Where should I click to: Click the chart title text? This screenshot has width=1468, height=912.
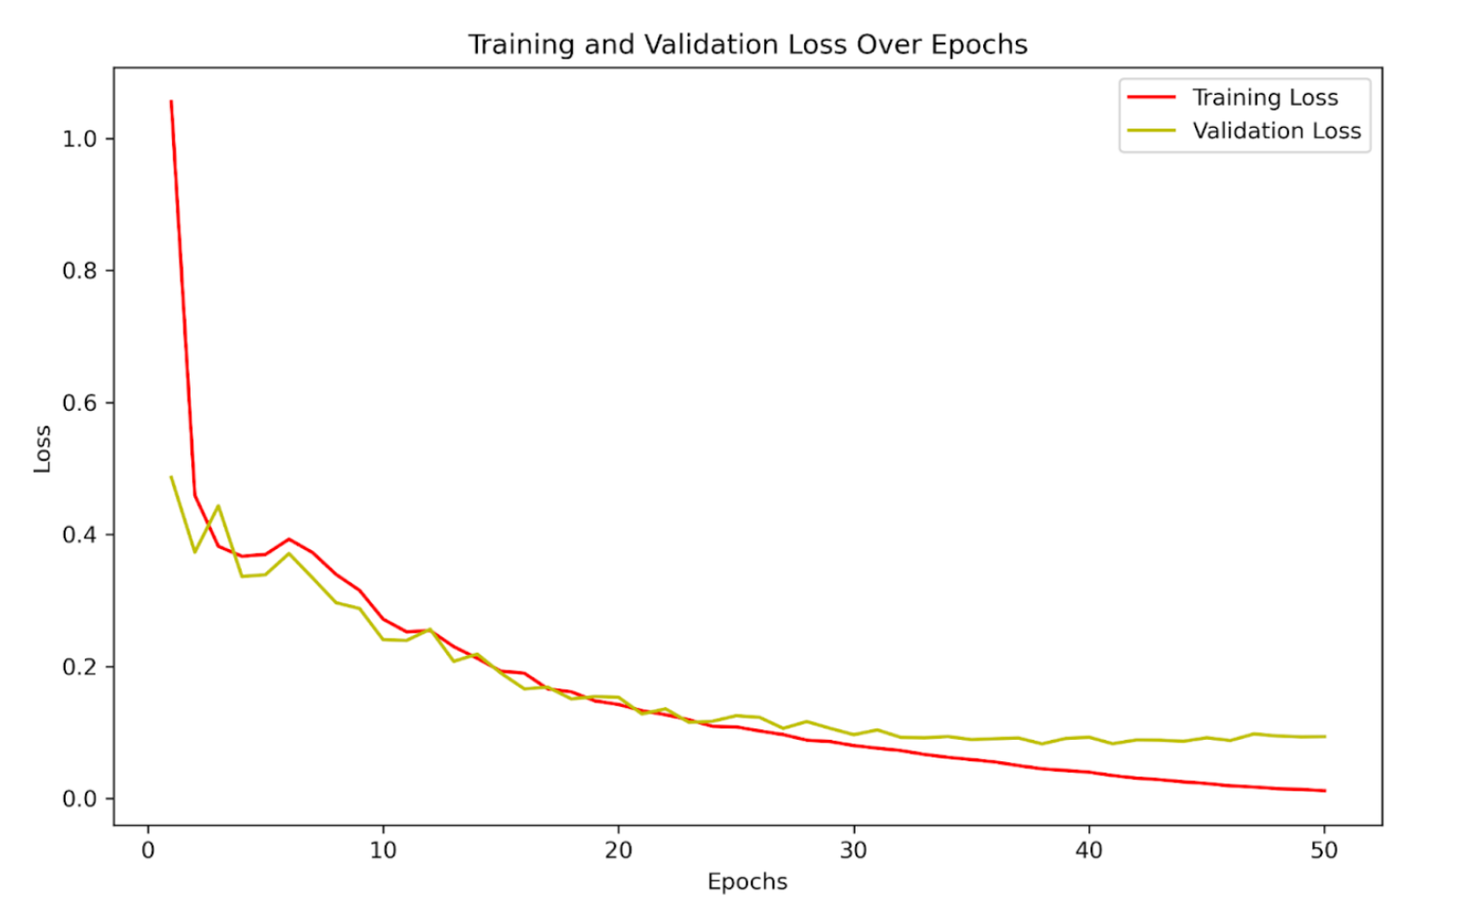[x=747, y=44]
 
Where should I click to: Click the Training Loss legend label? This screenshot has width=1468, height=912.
[x=1264, y=98]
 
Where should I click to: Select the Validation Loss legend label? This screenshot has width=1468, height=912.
[x=1276, y=131]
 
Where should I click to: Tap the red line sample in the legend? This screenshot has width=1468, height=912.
[x=1152, y=98]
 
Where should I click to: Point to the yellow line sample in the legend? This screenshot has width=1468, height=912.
[x=1152, y=131]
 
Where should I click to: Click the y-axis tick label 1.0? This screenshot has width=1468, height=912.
[x=79, y=139]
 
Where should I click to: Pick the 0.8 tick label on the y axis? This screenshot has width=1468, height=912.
[x=79, y=271]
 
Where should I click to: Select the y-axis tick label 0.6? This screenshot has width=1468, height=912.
[x=79, y=404]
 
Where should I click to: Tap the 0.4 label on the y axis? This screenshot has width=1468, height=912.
[x=79, y=535]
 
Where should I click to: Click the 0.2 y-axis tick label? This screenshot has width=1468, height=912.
[x=79, y=667]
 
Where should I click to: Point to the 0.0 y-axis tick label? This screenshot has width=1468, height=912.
[x=79, y=799]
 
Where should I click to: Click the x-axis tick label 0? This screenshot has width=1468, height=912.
[x=148, y=851]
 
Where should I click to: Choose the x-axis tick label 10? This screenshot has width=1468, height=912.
[x=383, y=851]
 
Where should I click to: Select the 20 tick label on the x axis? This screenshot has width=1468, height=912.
[x=618, y=851]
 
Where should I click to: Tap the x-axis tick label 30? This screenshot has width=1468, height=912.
[x=853, y=851]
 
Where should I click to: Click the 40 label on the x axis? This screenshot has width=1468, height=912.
[x=1089, y=851]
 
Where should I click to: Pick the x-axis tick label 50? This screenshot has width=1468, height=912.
[x=1324, y=851]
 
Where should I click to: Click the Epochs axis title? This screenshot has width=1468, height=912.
[x=747, y=882]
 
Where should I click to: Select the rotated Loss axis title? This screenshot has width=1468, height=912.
[x=43, y=448]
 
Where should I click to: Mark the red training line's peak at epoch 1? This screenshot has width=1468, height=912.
[x=171, y=101]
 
